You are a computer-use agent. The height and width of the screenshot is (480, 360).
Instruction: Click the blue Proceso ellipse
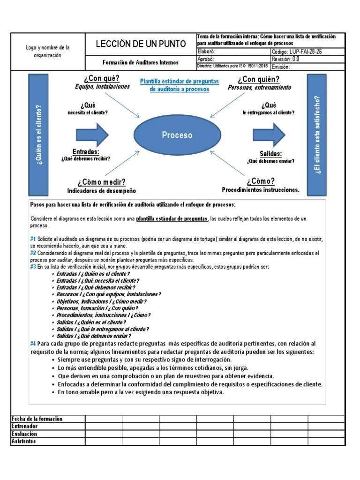177,135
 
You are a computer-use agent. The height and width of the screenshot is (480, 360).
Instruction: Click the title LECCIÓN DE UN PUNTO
141,44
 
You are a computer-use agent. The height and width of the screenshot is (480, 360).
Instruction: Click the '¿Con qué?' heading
102,78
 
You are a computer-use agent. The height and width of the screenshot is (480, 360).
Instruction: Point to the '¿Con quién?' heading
258,79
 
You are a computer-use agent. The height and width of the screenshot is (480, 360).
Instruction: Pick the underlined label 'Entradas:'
85,152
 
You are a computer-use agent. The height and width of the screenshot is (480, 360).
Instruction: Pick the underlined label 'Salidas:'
270,154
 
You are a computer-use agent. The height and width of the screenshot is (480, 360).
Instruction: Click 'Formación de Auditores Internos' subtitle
141,62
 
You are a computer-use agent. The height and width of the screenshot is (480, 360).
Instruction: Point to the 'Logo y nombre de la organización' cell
48,52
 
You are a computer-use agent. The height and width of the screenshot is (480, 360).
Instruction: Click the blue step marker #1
33,239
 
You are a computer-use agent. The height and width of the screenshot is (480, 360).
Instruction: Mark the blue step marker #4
33,344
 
